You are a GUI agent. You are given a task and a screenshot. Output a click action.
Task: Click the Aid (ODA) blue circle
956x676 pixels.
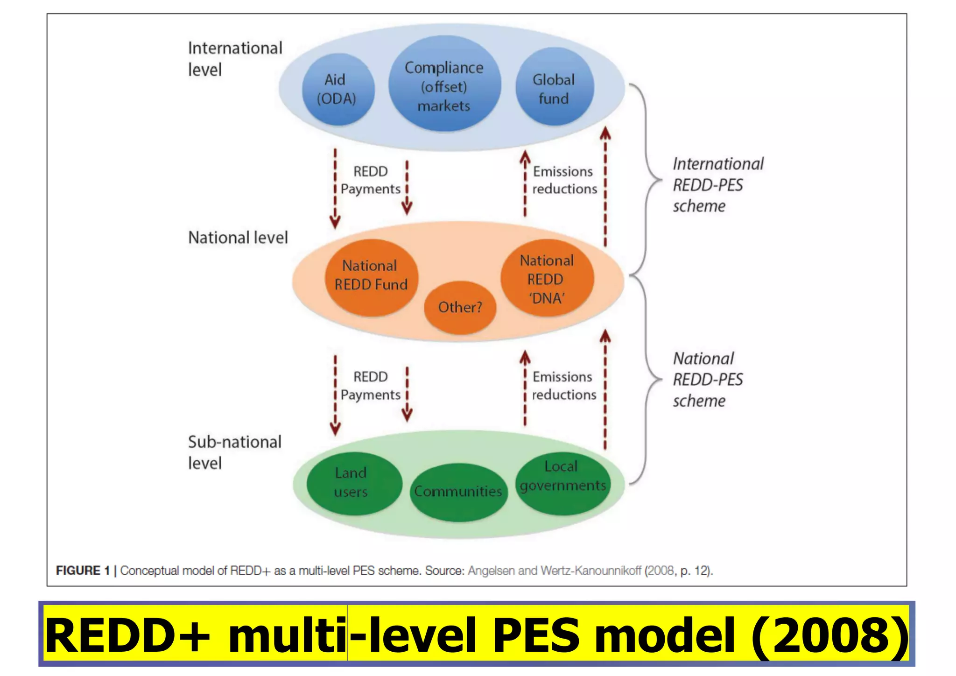click(x=338, y=89)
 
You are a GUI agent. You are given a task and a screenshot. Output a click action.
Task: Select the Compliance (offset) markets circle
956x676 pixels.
click(x=444, y=86)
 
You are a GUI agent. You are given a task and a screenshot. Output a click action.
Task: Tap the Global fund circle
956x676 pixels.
click(x=554, y=88)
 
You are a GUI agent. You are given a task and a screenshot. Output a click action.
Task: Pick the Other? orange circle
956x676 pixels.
click(x=460, y=307)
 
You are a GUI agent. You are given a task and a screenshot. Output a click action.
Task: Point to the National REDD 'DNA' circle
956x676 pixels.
click(x=547, y=279)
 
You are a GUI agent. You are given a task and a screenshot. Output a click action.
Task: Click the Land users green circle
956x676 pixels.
click(x=353, y=483)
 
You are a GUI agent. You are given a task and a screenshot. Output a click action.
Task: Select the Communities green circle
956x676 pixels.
click(x=458, y=491)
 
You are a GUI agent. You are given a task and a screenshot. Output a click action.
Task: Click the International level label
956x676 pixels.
click(x=235, y=59)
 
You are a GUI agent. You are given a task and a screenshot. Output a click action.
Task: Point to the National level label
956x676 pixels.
click(x=238, y=238)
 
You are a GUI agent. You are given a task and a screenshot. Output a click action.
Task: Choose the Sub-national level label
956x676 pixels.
click(x=234, y=452)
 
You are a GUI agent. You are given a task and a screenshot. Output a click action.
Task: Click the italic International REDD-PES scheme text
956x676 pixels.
click(x=717, y=185)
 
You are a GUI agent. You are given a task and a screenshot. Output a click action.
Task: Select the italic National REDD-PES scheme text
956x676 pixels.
click(x=707, y=380)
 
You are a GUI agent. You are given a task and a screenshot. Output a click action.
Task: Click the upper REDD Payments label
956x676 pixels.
click(x=370, y=180)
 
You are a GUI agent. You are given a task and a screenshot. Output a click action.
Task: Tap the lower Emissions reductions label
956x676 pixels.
click(x=563, y=386)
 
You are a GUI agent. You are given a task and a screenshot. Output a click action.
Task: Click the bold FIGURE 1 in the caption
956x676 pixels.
click(x=83, y=570)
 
